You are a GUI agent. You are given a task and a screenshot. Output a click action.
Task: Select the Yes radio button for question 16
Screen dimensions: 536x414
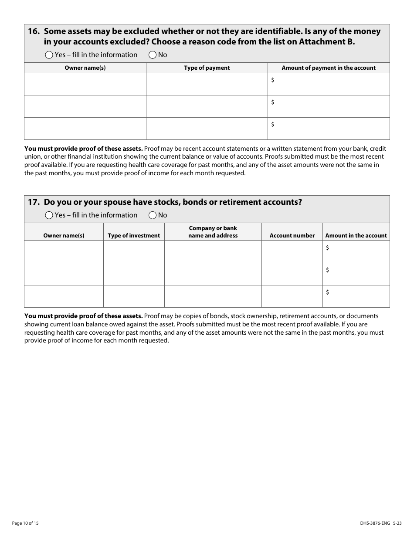point(49,55)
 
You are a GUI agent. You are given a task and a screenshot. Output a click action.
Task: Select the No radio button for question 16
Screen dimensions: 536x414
point(153,55)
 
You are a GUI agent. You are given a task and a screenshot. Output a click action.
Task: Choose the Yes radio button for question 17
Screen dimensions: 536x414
point(49,215)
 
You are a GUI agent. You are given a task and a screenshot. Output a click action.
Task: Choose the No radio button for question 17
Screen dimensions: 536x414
point(153,215)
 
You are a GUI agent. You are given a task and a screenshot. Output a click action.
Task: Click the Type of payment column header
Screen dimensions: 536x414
point(207,68)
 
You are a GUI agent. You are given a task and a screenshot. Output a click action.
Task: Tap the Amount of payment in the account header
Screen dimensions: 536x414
point(329,68)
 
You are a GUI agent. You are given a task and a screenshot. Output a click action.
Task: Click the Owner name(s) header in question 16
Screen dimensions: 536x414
point(85,68)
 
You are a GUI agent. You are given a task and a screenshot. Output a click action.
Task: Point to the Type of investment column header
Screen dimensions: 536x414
point(134,236)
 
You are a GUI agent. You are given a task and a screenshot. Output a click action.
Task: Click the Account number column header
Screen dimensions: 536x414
point(292,236)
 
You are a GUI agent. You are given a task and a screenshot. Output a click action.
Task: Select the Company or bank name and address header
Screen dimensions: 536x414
point(213,232)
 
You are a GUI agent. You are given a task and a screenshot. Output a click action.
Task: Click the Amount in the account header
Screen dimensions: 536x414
point(356,236)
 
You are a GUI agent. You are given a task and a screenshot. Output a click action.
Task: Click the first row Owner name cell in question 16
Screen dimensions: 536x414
point(85,84)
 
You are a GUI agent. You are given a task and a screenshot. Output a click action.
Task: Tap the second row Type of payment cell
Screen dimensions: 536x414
point(207,106)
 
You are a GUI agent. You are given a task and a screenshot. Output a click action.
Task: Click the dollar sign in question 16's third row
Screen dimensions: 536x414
point(273,125)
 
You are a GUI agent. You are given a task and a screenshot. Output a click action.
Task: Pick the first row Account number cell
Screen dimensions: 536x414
point(292,252)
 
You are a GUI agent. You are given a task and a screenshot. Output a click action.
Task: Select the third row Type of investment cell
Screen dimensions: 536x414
point(134,296)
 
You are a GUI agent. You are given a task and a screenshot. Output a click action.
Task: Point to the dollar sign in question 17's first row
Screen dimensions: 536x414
point(327,248)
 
